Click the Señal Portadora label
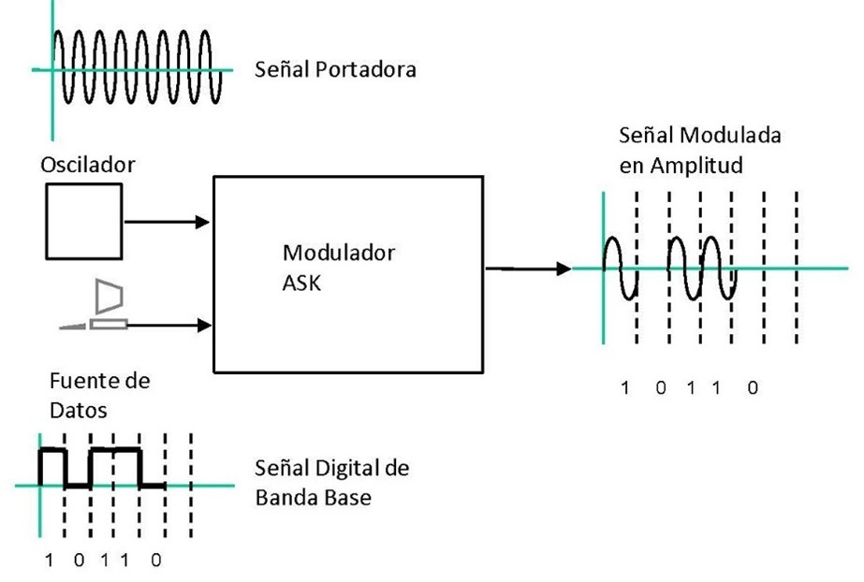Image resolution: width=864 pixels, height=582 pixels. point(335,70)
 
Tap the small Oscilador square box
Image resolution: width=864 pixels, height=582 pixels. point(83,221)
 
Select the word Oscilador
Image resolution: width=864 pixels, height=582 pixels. point(88,166)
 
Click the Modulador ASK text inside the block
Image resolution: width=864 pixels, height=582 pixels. point(338,267)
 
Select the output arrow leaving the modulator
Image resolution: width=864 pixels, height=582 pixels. point(528,269)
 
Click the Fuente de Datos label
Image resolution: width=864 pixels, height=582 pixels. point(98,395)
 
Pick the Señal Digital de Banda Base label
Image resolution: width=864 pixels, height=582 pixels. point(331,482)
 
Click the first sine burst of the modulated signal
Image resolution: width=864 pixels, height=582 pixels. point(622,268)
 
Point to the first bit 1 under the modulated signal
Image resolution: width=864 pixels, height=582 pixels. point(625,387)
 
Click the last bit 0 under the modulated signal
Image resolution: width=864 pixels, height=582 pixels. point(753,387)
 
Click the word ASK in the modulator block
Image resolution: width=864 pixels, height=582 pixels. point(301,281)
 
